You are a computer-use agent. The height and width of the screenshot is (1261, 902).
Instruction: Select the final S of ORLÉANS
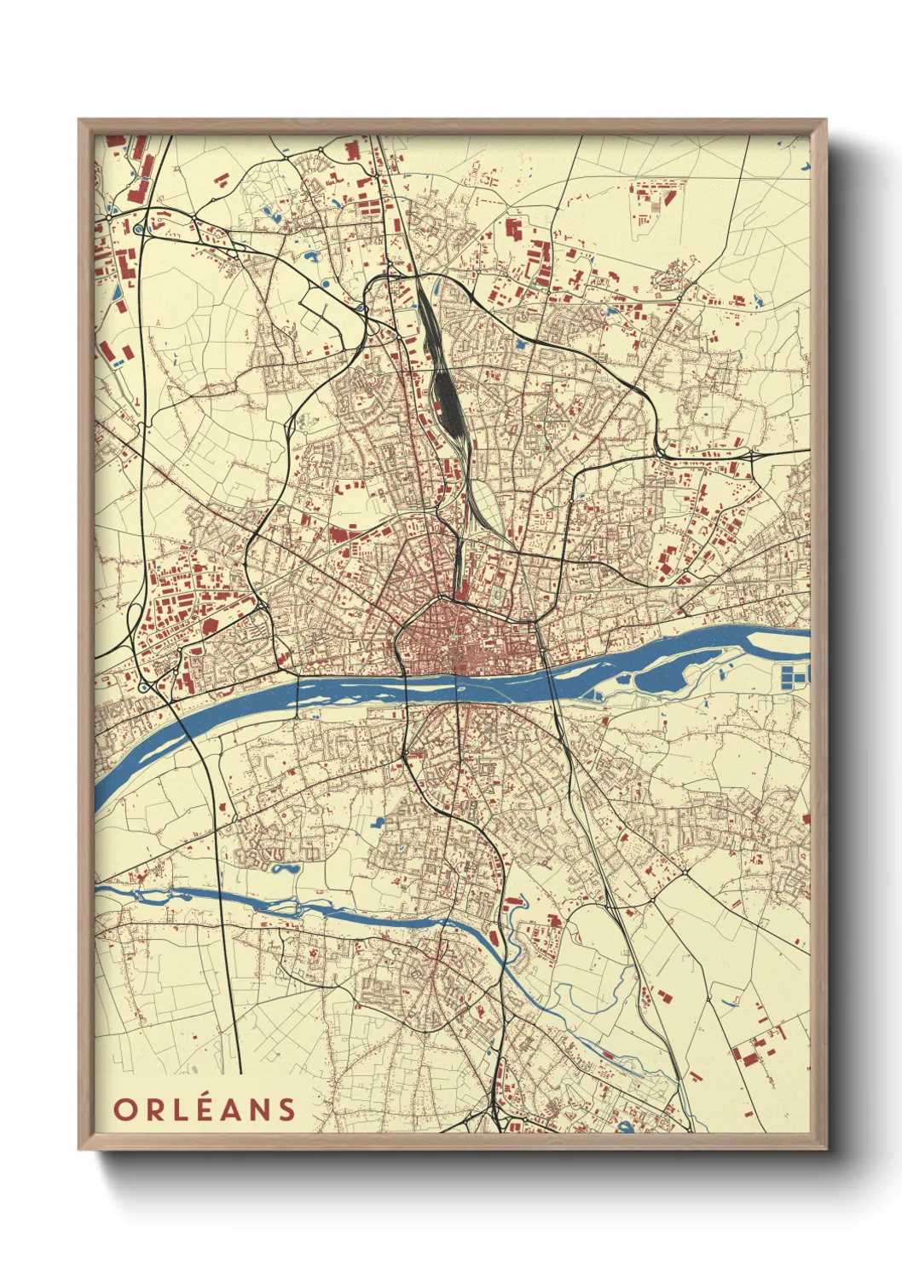pyautogui.click(x=286, y=1109)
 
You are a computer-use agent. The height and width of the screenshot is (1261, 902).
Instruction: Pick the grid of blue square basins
pyautogui.click(x=794, y=677)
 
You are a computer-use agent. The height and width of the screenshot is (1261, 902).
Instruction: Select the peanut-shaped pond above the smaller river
pyautogui.click(x=285, y=869)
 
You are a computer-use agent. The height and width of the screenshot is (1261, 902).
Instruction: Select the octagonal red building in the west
pyautogui.click(x=209, y=626)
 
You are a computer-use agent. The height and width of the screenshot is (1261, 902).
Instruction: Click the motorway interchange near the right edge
pyautogui.click(x=754, y=457)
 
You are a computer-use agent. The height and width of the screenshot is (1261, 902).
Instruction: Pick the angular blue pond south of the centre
pyautogui.click(x=378, y=823)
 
